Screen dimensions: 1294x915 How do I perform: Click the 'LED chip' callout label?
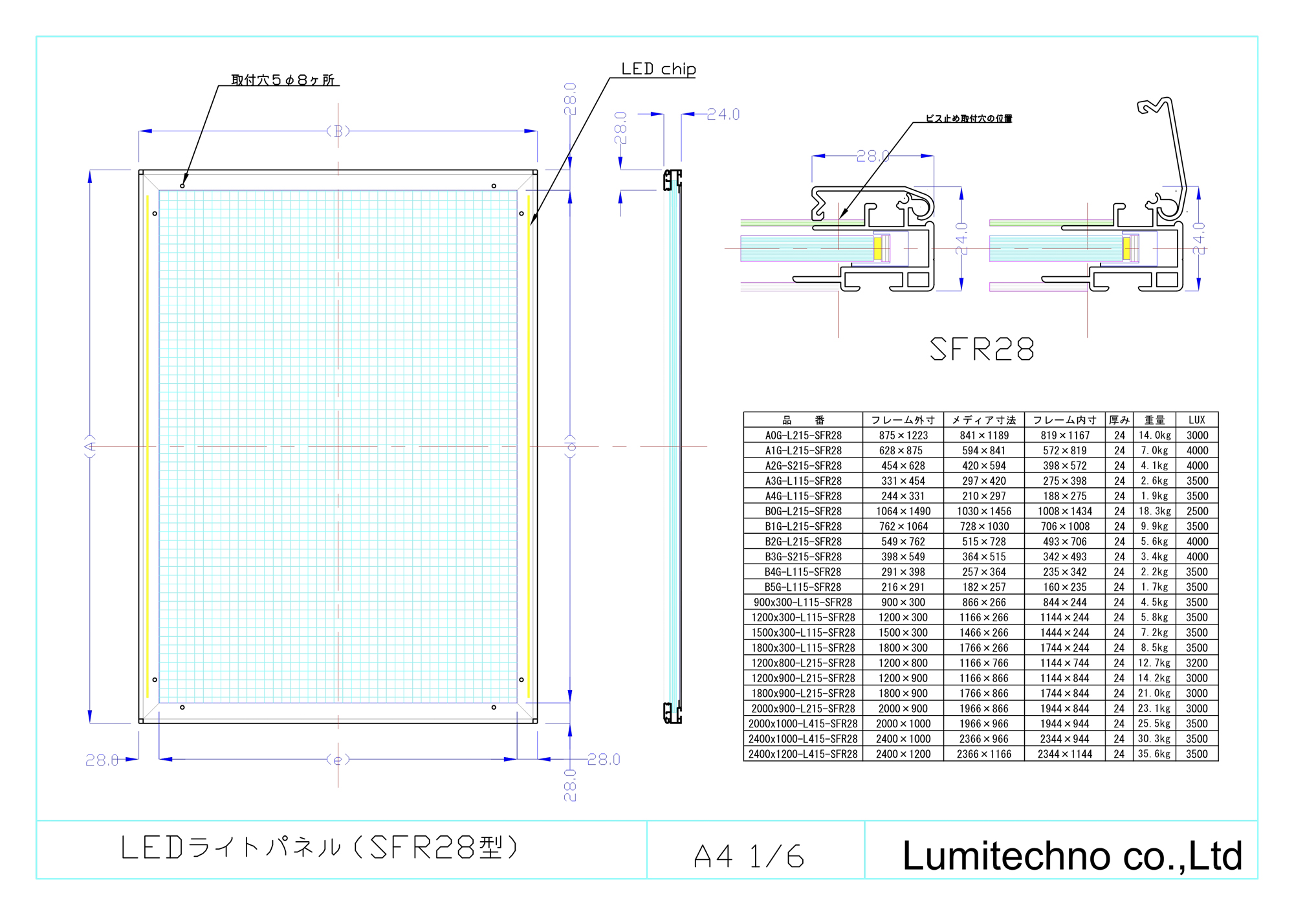coord(658,69)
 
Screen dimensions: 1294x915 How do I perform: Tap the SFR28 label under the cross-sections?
coord(981,349)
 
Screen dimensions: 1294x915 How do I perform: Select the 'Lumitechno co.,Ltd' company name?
coord(1072,855)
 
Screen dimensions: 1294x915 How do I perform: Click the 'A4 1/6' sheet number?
coord(749,856)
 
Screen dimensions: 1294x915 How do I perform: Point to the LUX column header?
coord(1197,420)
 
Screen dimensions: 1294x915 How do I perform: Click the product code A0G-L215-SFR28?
coord(803,435)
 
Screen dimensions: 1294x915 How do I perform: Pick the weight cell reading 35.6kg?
coord(1154,754)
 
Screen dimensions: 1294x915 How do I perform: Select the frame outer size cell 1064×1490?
coord(903,511)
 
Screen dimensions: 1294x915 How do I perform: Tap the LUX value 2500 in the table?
coord(1197,511)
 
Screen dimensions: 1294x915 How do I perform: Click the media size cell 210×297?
coord(983,496)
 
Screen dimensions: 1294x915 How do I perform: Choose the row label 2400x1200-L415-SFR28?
coord(803,754)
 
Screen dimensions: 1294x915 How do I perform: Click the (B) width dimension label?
coord(338,131)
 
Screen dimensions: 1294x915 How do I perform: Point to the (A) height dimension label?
coord(90,446)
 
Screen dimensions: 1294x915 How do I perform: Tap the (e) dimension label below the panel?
coord(338,759)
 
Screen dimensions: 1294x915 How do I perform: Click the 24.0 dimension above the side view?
coord(723,115)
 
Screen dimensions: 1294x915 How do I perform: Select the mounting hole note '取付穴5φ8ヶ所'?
coord(283,80)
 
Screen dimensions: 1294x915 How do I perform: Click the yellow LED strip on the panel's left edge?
coord(148,446)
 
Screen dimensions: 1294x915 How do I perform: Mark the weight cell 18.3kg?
coord(1154,511)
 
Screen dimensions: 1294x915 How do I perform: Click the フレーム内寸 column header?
coord(1064,420)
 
